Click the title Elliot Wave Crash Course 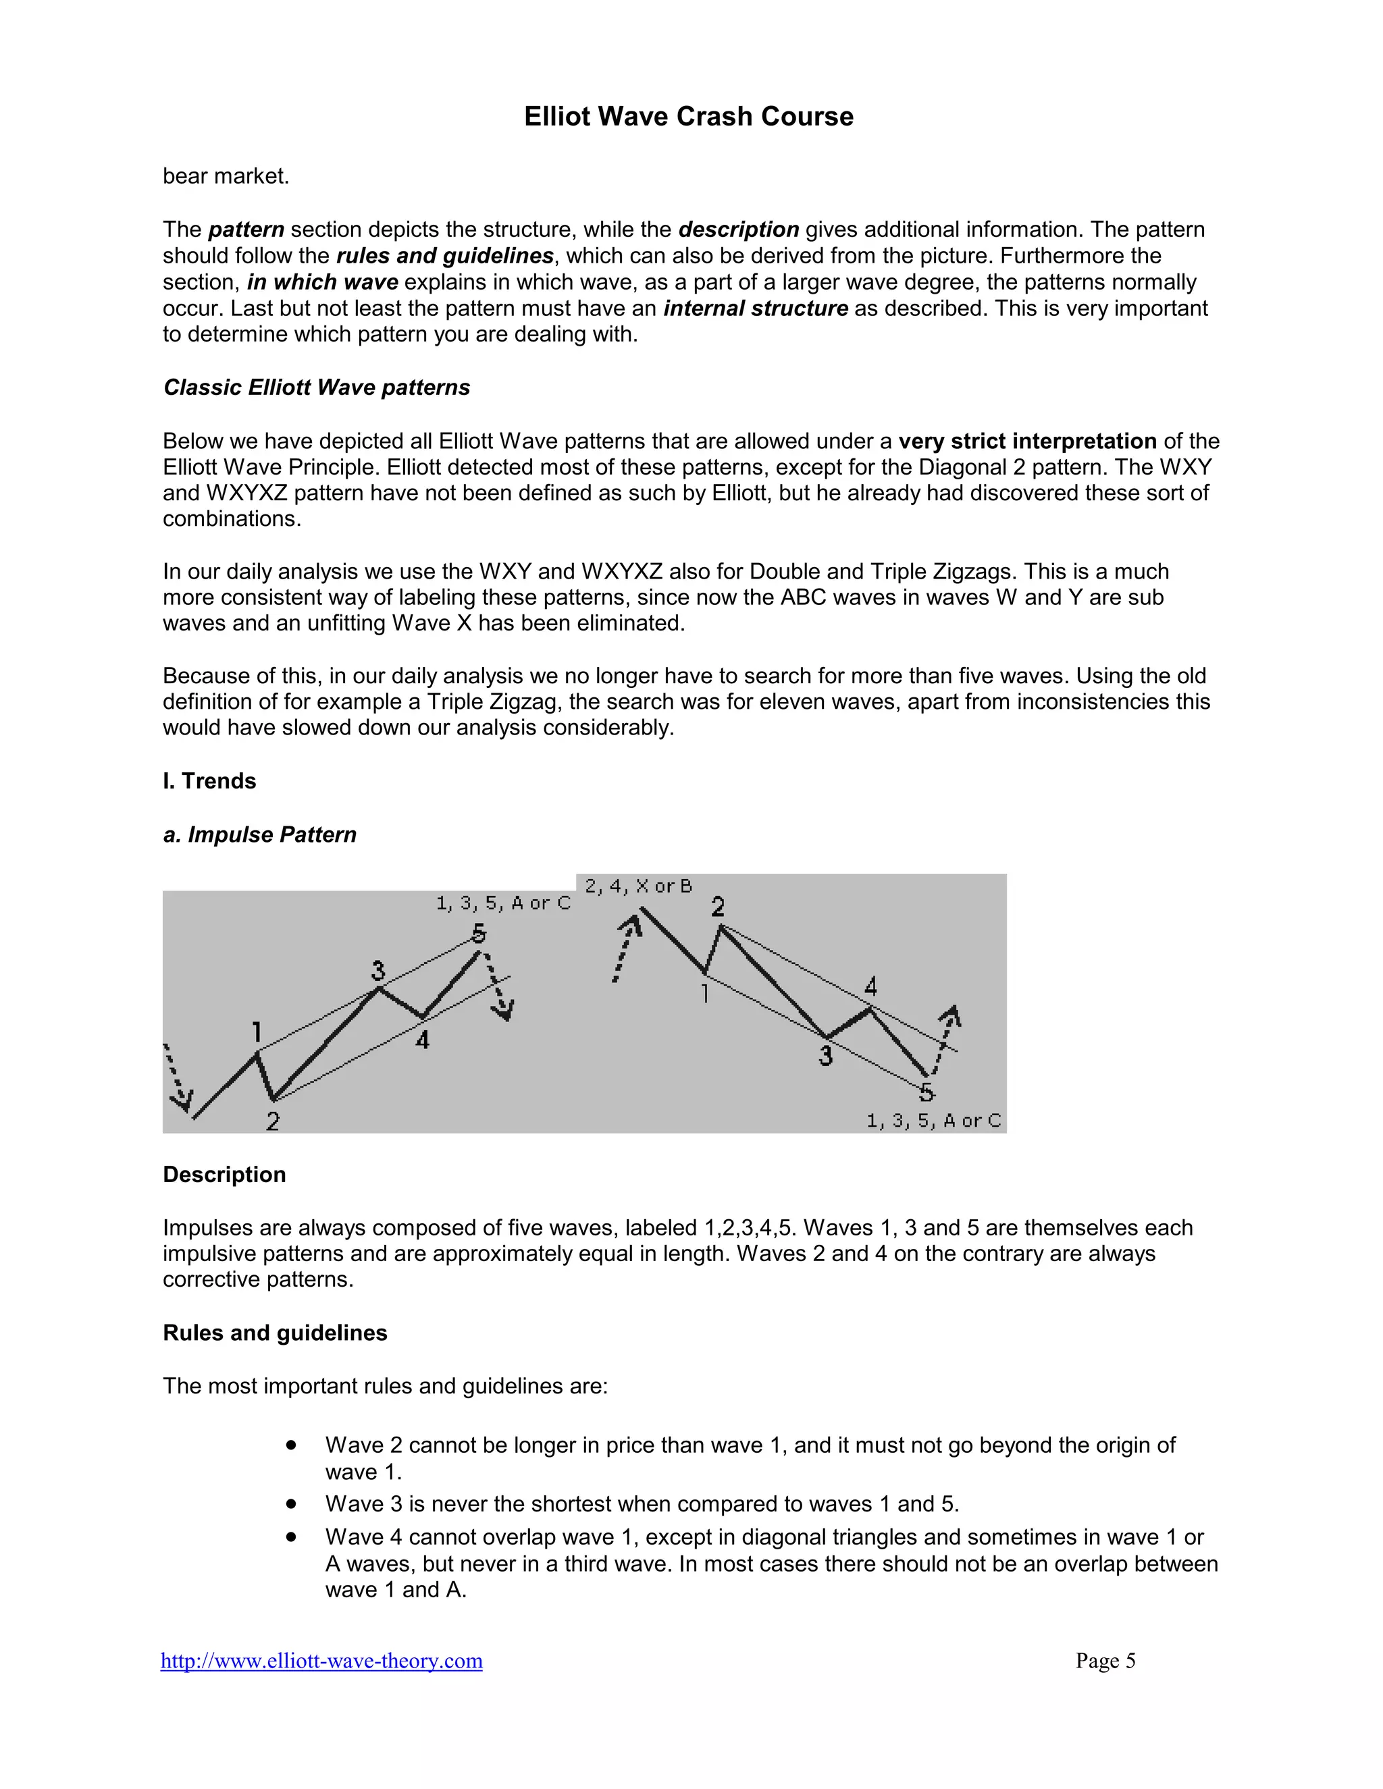[688, 116]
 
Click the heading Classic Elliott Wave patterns [316, 388]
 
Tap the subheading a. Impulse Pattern [260, 834]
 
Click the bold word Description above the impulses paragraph [224, 1174]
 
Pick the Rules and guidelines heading [274, 1333]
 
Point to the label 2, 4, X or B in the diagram [638, 886]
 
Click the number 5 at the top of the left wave [479, 933]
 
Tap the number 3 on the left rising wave [377, 971]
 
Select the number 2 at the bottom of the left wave [273, 1121]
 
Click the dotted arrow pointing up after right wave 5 [946, 1036]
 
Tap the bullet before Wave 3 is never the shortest [291, 1504]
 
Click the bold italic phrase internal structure [756, 309]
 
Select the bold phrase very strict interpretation [1026, 442]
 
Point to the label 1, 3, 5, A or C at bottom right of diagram [933, 1121]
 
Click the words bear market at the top [226, 176]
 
